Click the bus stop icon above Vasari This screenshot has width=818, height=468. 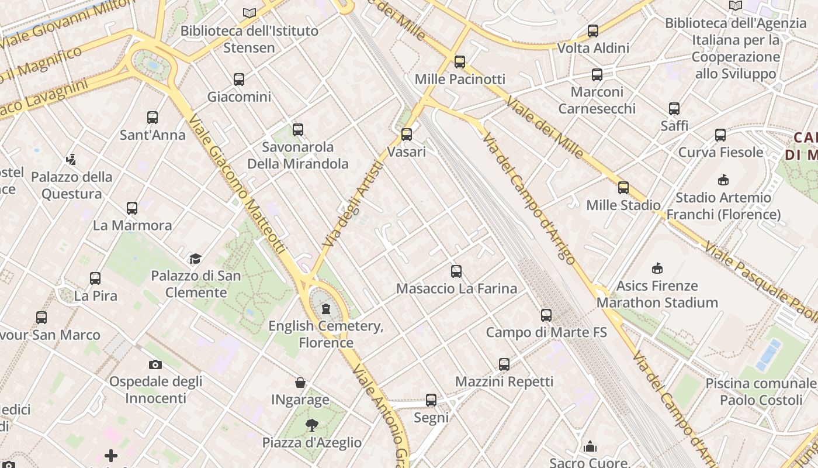pyautogui.click(x=407, y=135)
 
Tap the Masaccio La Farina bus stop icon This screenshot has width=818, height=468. pyautogui.click(x=456, y=271)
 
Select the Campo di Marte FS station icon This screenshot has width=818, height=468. pyautogui.click(x=546, y=315)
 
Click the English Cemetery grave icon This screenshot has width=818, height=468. pyautogui.click(x=326, y=309)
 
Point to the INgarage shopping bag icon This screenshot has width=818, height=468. pyautogui.click(x=300, y=383)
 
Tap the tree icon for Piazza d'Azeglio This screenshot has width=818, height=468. pyautogui.click(x=312, y=425)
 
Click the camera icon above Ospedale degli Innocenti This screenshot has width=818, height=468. pyautogui.click(x=155, y=364)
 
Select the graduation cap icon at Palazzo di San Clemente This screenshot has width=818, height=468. pyautogui.click(x=195, y=259)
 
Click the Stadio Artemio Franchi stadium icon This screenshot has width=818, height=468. pyautogui.click(x=723, y=180)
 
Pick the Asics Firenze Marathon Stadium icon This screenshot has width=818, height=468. pyautogui.click(x=657, y=269)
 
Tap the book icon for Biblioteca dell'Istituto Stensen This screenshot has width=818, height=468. pyautogui.click(x=249, y=13)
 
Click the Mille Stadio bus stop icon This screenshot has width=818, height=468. pyautogui.click(x=623, y=188)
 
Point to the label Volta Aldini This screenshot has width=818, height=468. pyautogui.click(x=594, y=48)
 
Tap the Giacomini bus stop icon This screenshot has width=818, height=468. pyautogui.click(x=239, y=80)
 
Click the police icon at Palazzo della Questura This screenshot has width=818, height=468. pyautogui.click(x=71, y=159)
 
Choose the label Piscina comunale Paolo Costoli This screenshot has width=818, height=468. pyautogui.click(x=761, y=392)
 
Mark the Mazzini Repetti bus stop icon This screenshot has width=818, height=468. pyautogui.click(x=504, y=364)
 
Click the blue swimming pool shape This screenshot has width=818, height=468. pyautogui.click(x=768, y=355)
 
